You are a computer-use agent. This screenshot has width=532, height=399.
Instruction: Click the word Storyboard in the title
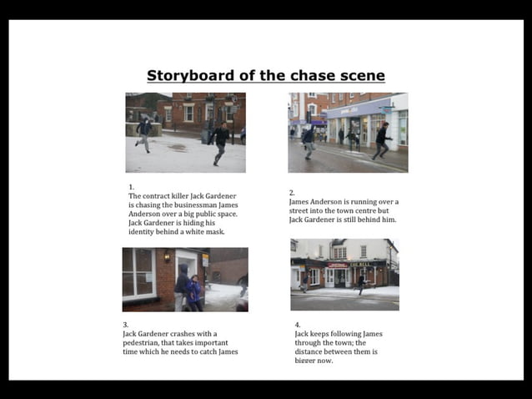pos(188,76)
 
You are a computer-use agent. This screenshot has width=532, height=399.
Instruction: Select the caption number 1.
pos(131,187)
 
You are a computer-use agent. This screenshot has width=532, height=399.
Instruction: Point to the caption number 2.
pos(291,192)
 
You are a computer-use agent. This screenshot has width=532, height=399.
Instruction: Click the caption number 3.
pos(125,325)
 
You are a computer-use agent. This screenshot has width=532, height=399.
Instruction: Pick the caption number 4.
pos(297,325)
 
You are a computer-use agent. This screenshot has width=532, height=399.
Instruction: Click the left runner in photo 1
pos(144,133)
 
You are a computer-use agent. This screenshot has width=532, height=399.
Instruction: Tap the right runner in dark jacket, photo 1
pos(220,143)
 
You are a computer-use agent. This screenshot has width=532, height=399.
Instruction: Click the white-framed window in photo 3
pos(138,273)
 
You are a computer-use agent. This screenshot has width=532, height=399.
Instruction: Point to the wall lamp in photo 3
pos(167,256)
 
